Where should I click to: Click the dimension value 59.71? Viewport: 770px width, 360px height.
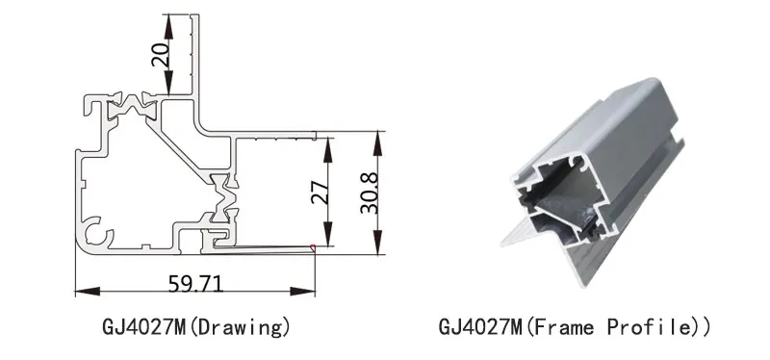tap(195, 283)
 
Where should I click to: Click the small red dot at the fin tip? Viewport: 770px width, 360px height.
tap(314, 247)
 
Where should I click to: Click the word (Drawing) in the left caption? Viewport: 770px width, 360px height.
tap(240, 327)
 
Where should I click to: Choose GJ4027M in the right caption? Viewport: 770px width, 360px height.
tap(479, 327)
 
